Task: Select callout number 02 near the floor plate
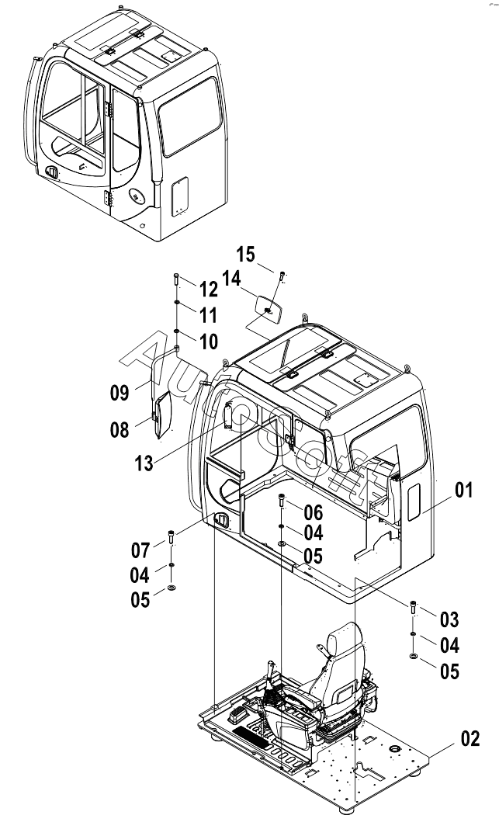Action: pyautogui.click(x=470, y=739)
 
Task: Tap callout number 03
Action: pyautogui.click(x=449, y=619)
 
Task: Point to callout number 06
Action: pyautogui.click(x=313, y=512)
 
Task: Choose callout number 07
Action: pyautogui.click(x=140, y=551)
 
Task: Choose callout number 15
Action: pyautogui.click(x=245, y=255)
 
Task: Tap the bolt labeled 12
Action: pyautogui.click(x=178, y=280)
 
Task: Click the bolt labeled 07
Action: pyautogui.click(x=172, y=537)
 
